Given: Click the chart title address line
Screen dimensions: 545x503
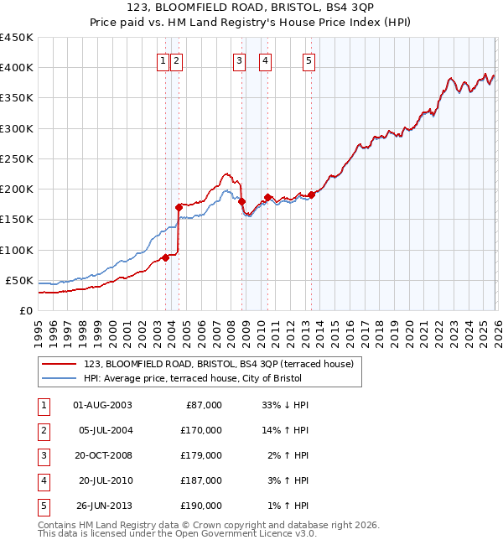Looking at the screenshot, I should (251, 9).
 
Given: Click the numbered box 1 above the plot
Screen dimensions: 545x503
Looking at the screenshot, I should (162, 60).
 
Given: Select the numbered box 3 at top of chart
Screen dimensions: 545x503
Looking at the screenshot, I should (239, 60).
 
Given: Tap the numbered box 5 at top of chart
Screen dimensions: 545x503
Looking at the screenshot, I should (309, 60).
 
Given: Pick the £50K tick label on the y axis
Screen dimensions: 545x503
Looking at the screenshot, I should (19, 280).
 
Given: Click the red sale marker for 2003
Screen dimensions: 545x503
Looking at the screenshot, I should (165, 257).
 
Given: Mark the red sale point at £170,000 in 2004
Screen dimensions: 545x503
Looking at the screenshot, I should (179, 207).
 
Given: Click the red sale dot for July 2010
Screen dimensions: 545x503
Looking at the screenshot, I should (267, 197).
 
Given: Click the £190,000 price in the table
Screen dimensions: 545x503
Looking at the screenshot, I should (202, 505).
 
